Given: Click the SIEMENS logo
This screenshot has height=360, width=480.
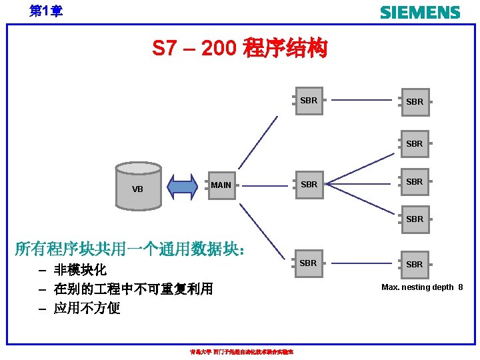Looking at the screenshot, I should pos(419,12).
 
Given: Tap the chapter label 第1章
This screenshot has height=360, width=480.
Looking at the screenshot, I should pos(46,11).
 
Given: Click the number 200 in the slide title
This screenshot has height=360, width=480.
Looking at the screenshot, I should pos(218,49).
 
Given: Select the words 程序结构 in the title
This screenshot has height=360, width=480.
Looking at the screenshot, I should pos(286,49).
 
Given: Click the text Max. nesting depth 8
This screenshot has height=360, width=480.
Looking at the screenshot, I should pos(421,287).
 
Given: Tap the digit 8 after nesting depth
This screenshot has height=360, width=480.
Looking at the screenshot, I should pos(460,287).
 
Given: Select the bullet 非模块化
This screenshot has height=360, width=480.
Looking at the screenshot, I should pos(80,270).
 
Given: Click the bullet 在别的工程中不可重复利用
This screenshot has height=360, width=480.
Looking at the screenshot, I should pos(133,289).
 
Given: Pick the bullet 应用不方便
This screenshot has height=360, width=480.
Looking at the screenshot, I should pos(87,308).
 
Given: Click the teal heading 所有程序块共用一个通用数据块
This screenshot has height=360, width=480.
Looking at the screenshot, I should pos(133,250).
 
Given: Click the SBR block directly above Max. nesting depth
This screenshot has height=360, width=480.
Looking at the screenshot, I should pos(415,265).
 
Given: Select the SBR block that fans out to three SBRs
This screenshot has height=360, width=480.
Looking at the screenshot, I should pos(309,185).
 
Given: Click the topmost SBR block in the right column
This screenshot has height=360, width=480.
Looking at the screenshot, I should pos(415,102).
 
